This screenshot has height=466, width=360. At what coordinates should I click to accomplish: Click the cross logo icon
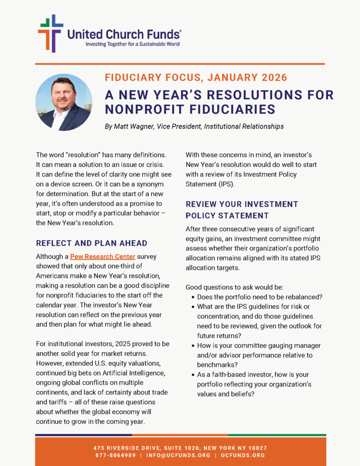[50, 33]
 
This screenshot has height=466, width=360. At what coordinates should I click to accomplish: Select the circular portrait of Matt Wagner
[64, 102]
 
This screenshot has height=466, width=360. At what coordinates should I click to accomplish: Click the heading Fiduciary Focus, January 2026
[196, 77]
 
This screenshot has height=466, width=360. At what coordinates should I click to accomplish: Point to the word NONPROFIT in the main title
[146, 109]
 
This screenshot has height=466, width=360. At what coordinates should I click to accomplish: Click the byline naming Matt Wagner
[194, 127]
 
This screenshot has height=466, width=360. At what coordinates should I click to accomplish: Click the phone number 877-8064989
[115, 455]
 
